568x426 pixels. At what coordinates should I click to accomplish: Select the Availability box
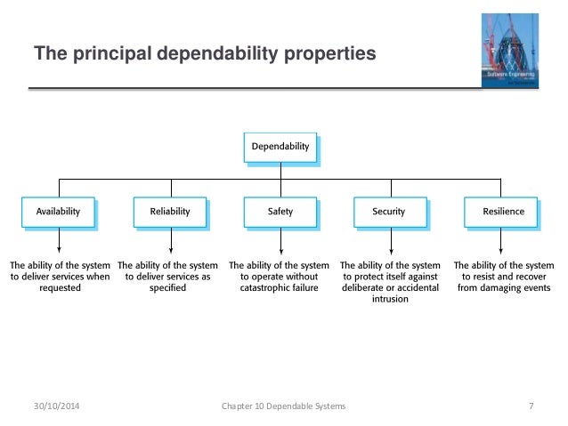pos(58,212)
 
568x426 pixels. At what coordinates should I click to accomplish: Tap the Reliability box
pos(168,212)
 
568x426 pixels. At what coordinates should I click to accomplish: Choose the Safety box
pos(280,212)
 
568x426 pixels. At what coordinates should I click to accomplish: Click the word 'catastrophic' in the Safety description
pos(263,288)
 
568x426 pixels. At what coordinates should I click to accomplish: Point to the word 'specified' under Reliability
pos(168,288)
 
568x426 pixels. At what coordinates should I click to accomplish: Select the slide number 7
pos(531,406)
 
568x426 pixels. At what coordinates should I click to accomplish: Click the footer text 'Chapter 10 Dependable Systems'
pos(283,406)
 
